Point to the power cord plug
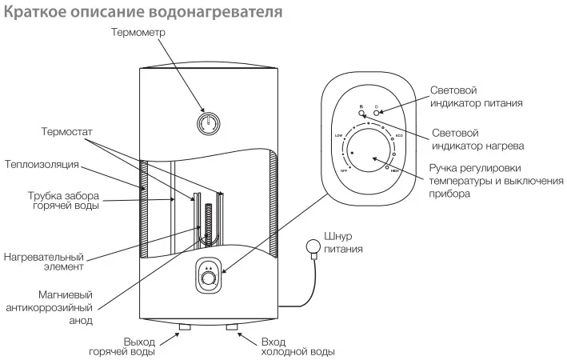[310, 250]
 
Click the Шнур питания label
[346, 242]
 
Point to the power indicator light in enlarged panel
[377, 114]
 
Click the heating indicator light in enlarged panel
[361, 114]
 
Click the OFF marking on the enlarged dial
[343, 170]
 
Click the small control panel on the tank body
[209, 278]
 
